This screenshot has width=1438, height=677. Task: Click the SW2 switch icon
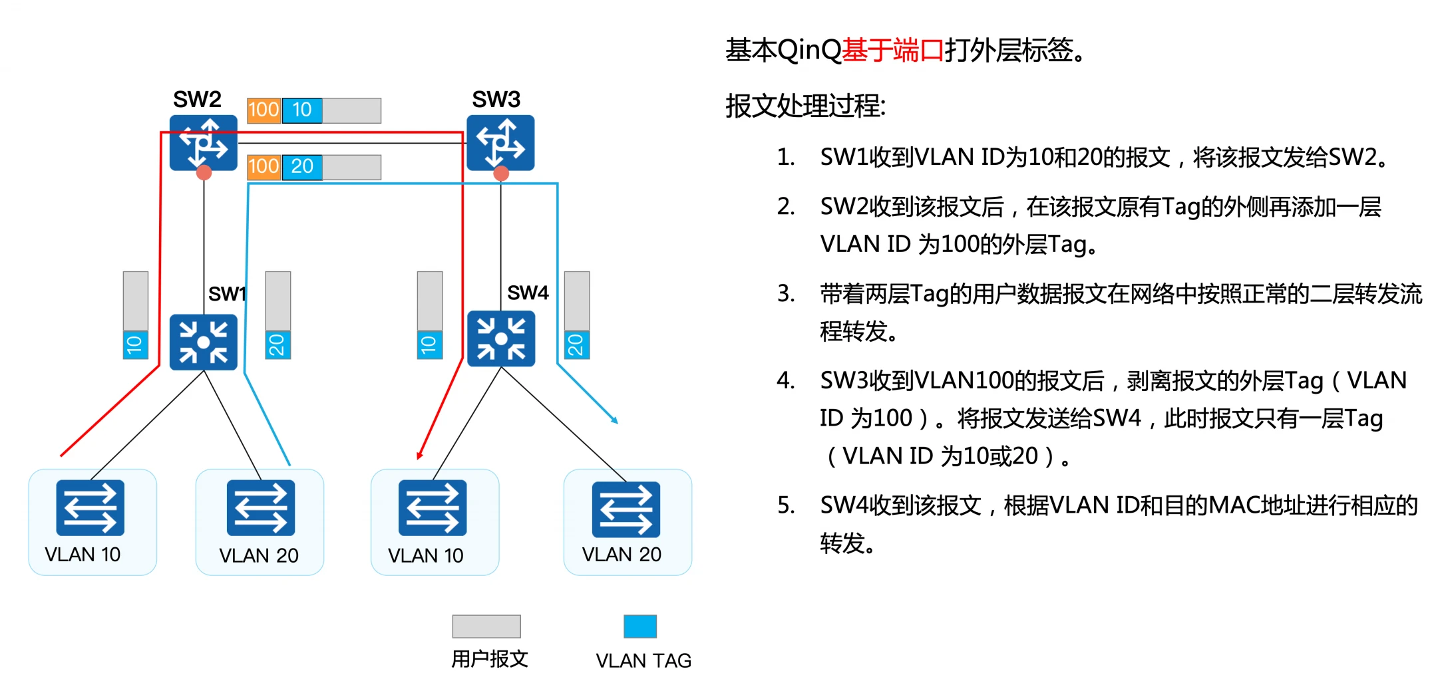pos(203,142)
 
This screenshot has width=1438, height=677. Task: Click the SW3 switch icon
pos(500,142)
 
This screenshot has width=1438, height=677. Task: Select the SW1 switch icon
pos(203,342)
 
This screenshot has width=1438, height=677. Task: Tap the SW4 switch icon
pos(500,340)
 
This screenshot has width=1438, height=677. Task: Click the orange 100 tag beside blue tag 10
pos(264,110)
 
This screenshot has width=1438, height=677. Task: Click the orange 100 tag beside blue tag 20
pos(264,167)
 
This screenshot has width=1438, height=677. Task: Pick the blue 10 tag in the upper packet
pos(302,110)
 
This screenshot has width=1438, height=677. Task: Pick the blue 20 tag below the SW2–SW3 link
pos(302,167)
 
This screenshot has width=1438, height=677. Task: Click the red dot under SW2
pos(204,173)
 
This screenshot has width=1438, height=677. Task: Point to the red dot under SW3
pos(501,174)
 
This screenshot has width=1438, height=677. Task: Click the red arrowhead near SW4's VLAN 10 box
pos(419,456)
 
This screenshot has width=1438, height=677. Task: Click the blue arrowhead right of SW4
pos(615,420)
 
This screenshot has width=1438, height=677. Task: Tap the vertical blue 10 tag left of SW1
pos(135,344)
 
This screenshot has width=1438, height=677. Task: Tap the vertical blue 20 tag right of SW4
pos(576,344)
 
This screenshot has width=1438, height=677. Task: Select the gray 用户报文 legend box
pos(486,626)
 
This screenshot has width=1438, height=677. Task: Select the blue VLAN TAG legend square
pos(639,626)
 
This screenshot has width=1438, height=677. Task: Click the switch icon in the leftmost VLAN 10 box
pos(90,507)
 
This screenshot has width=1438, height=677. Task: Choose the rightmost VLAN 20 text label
pos(622,555)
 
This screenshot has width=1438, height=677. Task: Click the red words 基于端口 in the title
pos(893,51)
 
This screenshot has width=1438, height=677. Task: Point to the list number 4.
pos(785,381)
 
